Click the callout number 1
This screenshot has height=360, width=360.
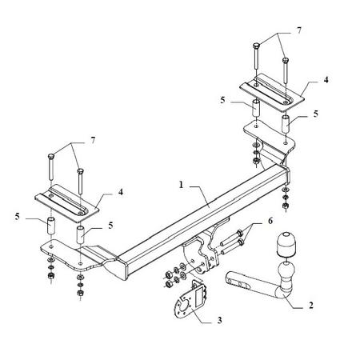[x=182, y=185]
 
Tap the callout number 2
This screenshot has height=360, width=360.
[x=311, y=305]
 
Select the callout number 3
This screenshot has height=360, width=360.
[x=219, y=320]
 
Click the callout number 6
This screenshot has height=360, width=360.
[x=270, y=221]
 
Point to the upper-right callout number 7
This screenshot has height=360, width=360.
[x=298, y=30]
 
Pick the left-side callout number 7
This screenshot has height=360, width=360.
[x=93, y=140]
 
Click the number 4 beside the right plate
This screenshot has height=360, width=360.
[x=326, y=79]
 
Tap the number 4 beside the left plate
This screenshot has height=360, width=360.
[x=121, y=191]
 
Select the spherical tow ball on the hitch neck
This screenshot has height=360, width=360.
[x=286, y=271]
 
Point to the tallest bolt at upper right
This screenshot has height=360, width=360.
[x=256, y=58]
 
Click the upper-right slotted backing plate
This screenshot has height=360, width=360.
[x=272, y=92]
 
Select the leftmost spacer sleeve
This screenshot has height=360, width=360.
[x=51, y=226]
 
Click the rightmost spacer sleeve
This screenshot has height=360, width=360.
[x=286, y=123]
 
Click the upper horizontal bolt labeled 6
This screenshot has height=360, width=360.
[x=231, y=238]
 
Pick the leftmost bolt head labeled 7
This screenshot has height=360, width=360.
[x=51, y=156]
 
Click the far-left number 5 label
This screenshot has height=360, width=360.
[x=18, y=217]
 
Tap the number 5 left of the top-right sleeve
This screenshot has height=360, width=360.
[x=222, y=100]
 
